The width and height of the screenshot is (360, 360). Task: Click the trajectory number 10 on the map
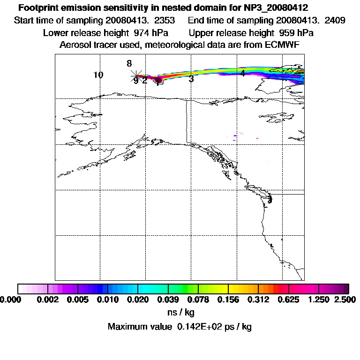tap(98, 75)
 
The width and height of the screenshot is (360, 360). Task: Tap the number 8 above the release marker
tap(129, 64)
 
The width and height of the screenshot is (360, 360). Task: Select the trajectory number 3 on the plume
tap(191, 79)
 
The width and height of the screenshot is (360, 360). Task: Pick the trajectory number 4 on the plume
tap(243, 73)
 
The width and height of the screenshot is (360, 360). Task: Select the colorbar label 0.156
tap(228, 300)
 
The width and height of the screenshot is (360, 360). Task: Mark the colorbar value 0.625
tap(289, 300)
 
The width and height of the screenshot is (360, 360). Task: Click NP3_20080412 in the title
tap(275, 8)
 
